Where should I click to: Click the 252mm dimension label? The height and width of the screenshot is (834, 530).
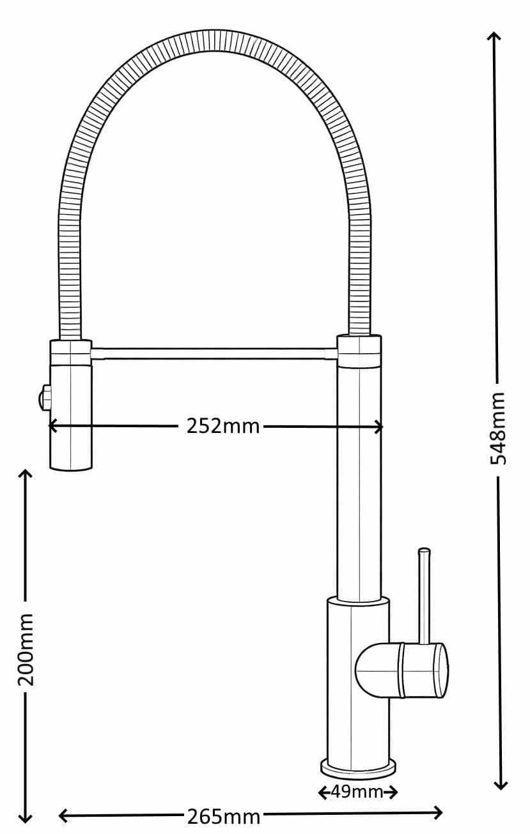click(x=223, y=426)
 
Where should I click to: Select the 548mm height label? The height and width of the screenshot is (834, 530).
click(x=498, y=428)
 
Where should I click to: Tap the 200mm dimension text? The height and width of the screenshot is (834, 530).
click(x=26, y=649)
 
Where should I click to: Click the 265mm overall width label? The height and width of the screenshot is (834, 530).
click(x=223, y=815)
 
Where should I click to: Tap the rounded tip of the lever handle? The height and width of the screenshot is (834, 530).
click(x=424, y=551)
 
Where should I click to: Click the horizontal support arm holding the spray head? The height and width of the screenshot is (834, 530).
click(x=214, y=353)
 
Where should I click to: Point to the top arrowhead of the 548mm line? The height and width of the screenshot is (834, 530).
click(x=494, y=36)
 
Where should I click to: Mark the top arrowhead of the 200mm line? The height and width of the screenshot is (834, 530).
click(x=25, y=474)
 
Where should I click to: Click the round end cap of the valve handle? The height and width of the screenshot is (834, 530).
click(x=441, y=670)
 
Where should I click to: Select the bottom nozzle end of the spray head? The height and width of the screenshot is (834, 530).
click(x=71, y=467)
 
